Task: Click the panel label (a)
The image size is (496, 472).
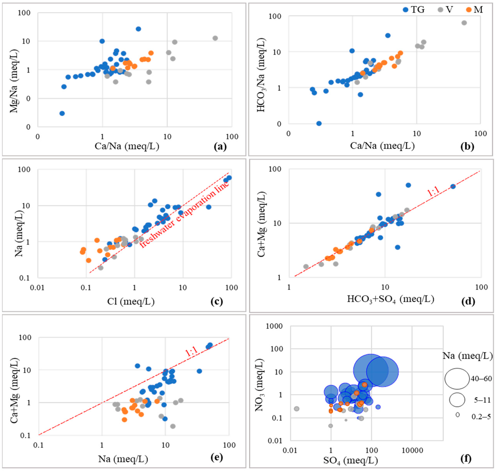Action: click(220, 146)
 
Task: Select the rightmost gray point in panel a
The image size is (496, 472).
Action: click(215, 38)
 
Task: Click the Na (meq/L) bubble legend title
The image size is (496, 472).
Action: click(467, 356)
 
